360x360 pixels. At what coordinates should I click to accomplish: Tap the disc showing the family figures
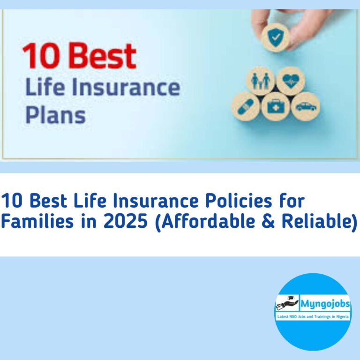click(261, 80)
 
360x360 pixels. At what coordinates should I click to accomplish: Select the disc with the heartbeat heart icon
click(290, 80)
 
